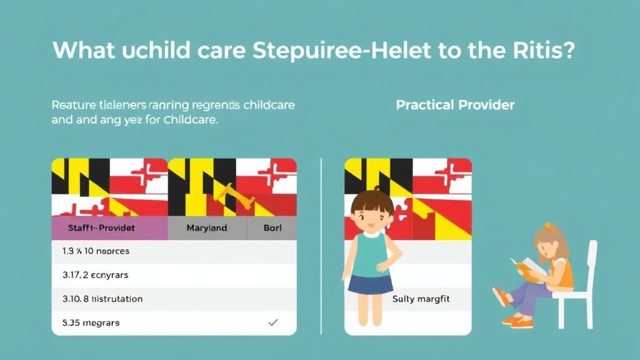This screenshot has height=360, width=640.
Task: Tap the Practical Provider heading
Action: [455, 105]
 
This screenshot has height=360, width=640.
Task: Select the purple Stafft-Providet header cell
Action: [109, 228]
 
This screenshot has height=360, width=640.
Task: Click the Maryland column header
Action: [207, 228]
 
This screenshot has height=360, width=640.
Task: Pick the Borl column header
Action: [272, 228]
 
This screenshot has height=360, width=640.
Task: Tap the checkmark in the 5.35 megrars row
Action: [272, 322]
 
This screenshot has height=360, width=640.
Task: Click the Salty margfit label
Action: [421, 299]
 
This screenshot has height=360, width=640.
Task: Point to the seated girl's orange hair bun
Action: [549, 227]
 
